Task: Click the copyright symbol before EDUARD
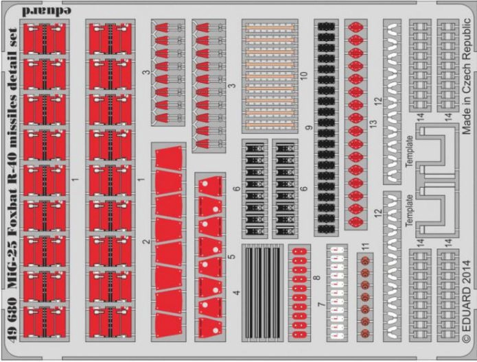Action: coord(466,350)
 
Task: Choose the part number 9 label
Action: coord(309,128)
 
